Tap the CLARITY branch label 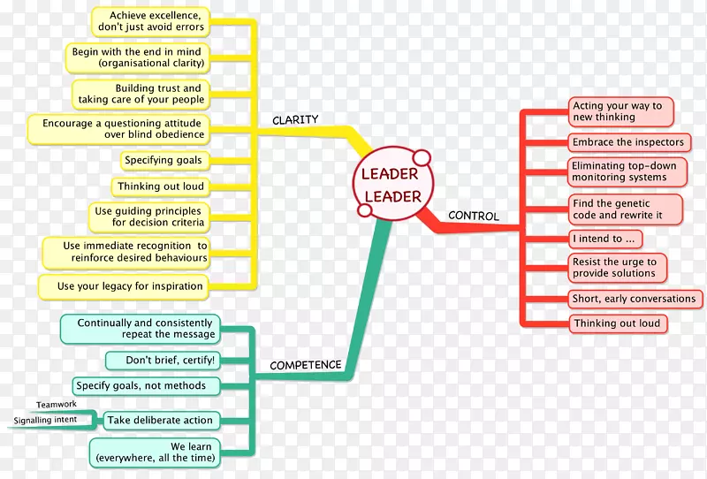click(295, 120)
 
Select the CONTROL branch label click(474, 216)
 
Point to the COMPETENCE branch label click(305, 364)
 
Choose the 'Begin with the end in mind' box click(139, 57)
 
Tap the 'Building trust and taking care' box click(140, 94)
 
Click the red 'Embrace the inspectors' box click(627, 142)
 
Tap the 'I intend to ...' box click(604, 239)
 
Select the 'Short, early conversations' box click(634, 299)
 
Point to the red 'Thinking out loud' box click(616, 323)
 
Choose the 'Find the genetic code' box click(624, 209)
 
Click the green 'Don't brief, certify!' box click(161, 360)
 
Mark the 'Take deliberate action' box click(159, 421)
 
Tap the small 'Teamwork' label click(57, 405)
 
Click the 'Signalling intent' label click(44, 420)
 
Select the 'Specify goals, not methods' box click(141, 385)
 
